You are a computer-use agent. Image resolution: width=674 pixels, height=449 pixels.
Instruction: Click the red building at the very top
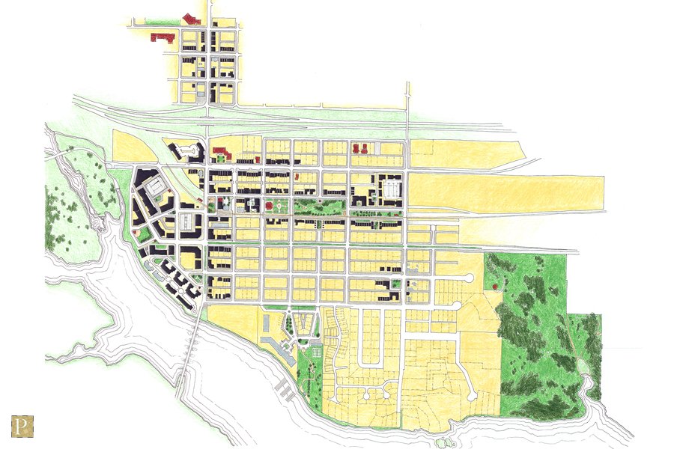coord(191,19)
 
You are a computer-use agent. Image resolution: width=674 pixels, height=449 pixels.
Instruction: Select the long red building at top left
coord(163,36)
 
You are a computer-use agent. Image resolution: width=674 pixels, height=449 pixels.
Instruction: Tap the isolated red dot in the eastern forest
coord(496,287)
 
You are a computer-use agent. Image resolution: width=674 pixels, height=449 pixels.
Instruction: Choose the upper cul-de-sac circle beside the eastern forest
coord(470,278)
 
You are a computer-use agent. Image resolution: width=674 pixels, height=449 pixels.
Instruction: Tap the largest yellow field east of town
coord(506,193)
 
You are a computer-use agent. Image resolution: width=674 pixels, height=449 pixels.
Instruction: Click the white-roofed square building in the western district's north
coord(155,184)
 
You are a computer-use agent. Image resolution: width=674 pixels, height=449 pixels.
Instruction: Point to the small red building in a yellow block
coord(297,177)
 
